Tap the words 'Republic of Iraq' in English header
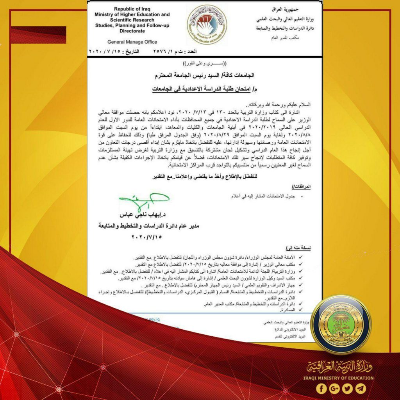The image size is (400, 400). (x=132, y=9)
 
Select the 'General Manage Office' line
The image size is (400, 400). (x=132, y=42)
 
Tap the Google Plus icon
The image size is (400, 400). (x=335, y=388)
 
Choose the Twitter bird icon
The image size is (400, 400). (x=348, y=388)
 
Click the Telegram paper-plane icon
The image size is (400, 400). (x=361, y=388)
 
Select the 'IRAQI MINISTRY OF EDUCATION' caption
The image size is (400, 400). (x=338, y=378)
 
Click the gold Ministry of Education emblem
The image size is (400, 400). (x=341, y=325)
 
